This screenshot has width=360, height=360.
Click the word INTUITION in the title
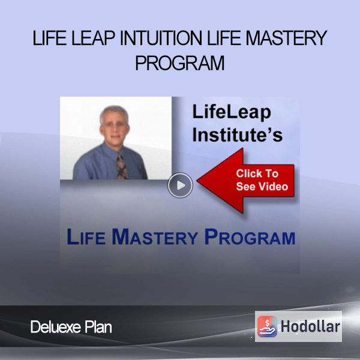click(161, 38)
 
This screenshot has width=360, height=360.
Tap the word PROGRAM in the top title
click(180, 62)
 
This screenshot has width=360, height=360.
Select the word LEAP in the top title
click(93, 38)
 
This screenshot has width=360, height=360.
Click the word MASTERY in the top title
click(286, 38)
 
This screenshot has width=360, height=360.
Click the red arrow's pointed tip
click(197, 181)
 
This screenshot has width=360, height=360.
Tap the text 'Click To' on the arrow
click(257, 173)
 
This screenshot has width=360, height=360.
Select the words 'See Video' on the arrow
click(262, 186)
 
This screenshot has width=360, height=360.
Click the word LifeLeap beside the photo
click(232, 112)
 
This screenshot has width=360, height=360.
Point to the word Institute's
click(238, 134)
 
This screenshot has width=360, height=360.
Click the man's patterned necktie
click(122, 167)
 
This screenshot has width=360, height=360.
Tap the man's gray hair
click(114, 113)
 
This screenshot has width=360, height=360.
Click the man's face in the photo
click(114, 131)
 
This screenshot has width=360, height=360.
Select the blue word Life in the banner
click(86, 237)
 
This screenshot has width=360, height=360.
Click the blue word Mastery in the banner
click(155, 237)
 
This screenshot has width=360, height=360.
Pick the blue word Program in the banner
click(250, 237)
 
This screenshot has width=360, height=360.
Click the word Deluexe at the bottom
click(56, 327)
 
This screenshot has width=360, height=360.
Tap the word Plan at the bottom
click(98, 327)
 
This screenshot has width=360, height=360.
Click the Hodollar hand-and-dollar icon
click(267, 326)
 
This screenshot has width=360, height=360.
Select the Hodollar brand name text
click(310, 326)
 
